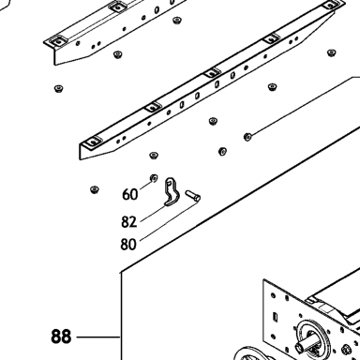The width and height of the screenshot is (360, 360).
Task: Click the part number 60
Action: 129,194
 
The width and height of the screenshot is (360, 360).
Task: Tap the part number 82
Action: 129,222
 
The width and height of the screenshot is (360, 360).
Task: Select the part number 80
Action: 128,244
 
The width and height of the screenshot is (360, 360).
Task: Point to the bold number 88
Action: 61,337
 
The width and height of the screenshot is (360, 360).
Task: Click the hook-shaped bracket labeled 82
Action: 172,193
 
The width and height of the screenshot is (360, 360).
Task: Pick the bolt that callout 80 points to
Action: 192,195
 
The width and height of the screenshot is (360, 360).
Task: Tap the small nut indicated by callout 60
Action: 154,178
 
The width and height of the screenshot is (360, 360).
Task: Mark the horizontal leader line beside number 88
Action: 98,337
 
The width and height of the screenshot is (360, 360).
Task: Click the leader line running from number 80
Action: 169,221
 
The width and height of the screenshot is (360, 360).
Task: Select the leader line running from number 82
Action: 153,214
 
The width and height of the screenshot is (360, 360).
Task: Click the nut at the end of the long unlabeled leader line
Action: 247,137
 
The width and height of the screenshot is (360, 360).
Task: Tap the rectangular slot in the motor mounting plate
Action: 276,316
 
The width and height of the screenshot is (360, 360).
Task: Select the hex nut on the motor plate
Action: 346,349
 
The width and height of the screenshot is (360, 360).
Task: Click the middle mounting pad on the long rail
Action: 212,73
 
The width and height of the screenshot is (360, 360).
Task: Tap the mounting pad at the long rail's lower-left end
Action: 94,142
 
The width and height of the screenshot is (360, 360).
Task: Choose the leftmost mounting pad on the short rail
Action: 57,40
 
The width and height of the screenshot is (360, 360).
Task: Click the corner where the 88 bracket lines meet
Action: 121,272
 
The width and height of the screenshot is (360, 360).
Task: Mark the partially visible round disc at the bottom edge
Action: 248,353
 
